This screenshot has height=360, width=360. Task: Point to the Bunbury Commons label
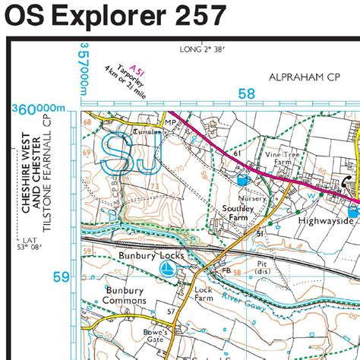(115, 295)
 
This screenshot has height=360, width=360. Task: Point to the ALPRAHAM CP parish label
(302, 77)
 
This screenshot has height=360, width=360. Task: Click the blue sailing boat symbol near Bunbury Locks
(167, 270)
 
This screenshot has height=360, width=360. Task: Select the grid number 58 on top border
(246, 94)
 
